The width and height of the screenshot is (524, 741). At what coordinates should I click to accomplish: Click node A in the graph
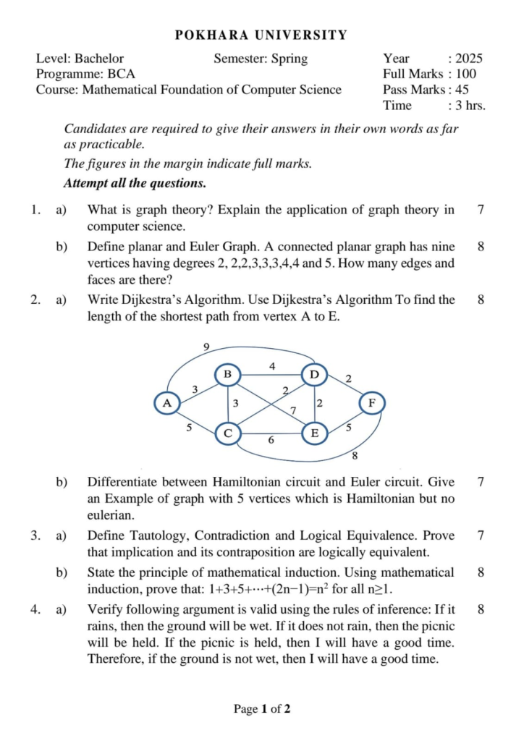point(168,402)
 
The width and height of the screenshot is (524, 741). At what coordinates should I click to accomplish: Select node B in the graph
point(227,374)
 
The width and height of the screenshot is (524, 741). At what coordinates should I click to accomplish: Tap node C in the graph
point(227,433)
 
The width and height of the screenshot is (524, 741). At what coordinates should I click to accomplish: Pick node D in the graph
point(313,374)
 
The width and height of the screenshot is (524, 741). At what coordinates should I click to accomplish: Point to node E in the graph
point(313,433)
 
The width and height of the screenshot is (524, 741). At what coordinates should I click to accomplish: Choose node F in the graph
point(373,402)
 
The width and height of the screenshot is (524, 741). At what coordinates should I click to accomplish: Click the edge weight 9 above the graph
point(206,347)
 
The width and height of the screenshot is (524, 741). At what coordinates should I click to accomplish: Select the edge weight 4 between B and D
point(272,366)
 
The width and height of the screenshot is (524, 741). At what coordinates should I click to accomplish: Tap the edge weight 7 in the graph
point(293,411)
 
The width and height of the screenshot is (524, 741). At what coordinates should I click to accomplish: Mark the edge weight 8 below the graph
point(355,456)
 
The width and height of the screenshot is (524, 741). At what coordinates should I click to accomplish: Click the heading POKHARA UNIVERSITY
point(261,35)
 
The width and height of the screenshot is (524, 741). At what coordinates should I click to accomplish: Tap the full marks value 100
point(466,74)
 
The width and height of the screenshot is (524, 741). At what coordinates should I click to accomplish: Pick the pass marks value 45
point(462,90)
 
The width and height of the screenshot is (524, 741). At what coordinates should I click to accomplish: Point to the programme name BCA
point(121,74)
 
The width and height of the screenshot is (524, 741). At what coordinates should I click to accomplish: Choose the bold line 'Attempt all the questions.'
point(135,183)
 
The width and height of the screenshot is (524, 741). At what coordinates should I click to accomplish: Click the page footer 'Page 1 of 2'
point(262,709)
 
